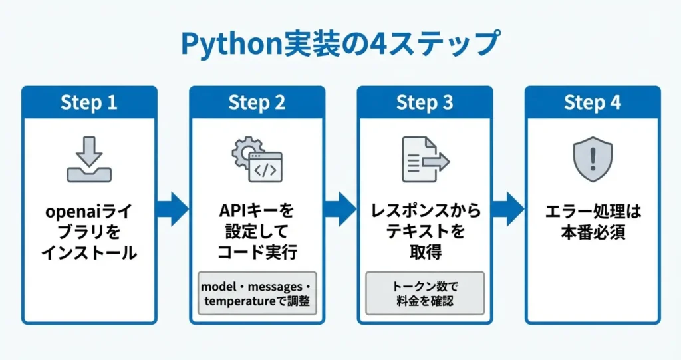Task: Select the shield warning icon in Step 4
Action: pos(592,160)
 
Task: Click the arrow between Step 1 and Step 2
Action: pos(173,210)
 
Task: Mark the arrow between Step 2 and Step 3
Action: pos(340,210)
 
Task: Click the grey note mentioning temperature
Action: pos(257,293)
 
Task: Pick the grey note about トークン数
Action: pos(426,293)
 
